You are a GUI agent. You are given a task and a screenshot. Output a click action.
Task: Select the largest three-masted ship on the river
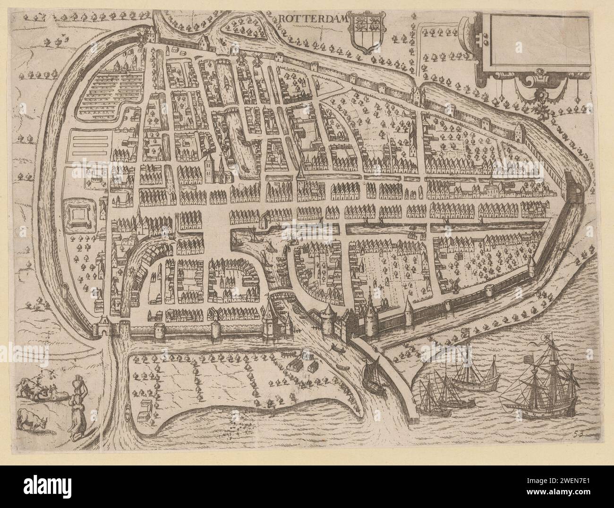pyautogui.click(x=543, y=387)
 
